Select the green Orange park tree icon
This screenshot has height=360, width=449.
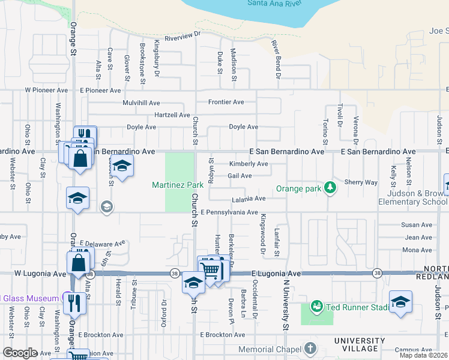click(x=329, y=188)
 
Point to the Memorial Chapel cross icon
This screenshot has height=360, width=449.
click(x=310, y=349)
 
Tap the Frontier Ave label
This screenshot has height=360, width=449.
click(x=226, y=102)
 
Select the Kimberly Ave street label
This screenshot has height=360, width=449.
click(x=249, y=164)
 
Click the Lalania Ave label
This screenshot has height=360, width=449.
click(x=248, y=199)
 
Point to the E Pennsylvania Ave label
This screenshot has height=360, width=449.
click(x=229, y=212)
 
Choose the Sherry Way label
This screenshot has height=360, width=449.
click(x=361, y=182)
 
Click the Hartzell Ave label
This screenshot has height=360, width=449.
click(x=172, y=115)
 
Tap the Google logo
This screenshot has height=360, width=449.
click(x=20, y=352)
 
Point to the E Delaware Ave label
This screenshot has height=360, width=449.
click(x=102, y=244)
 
